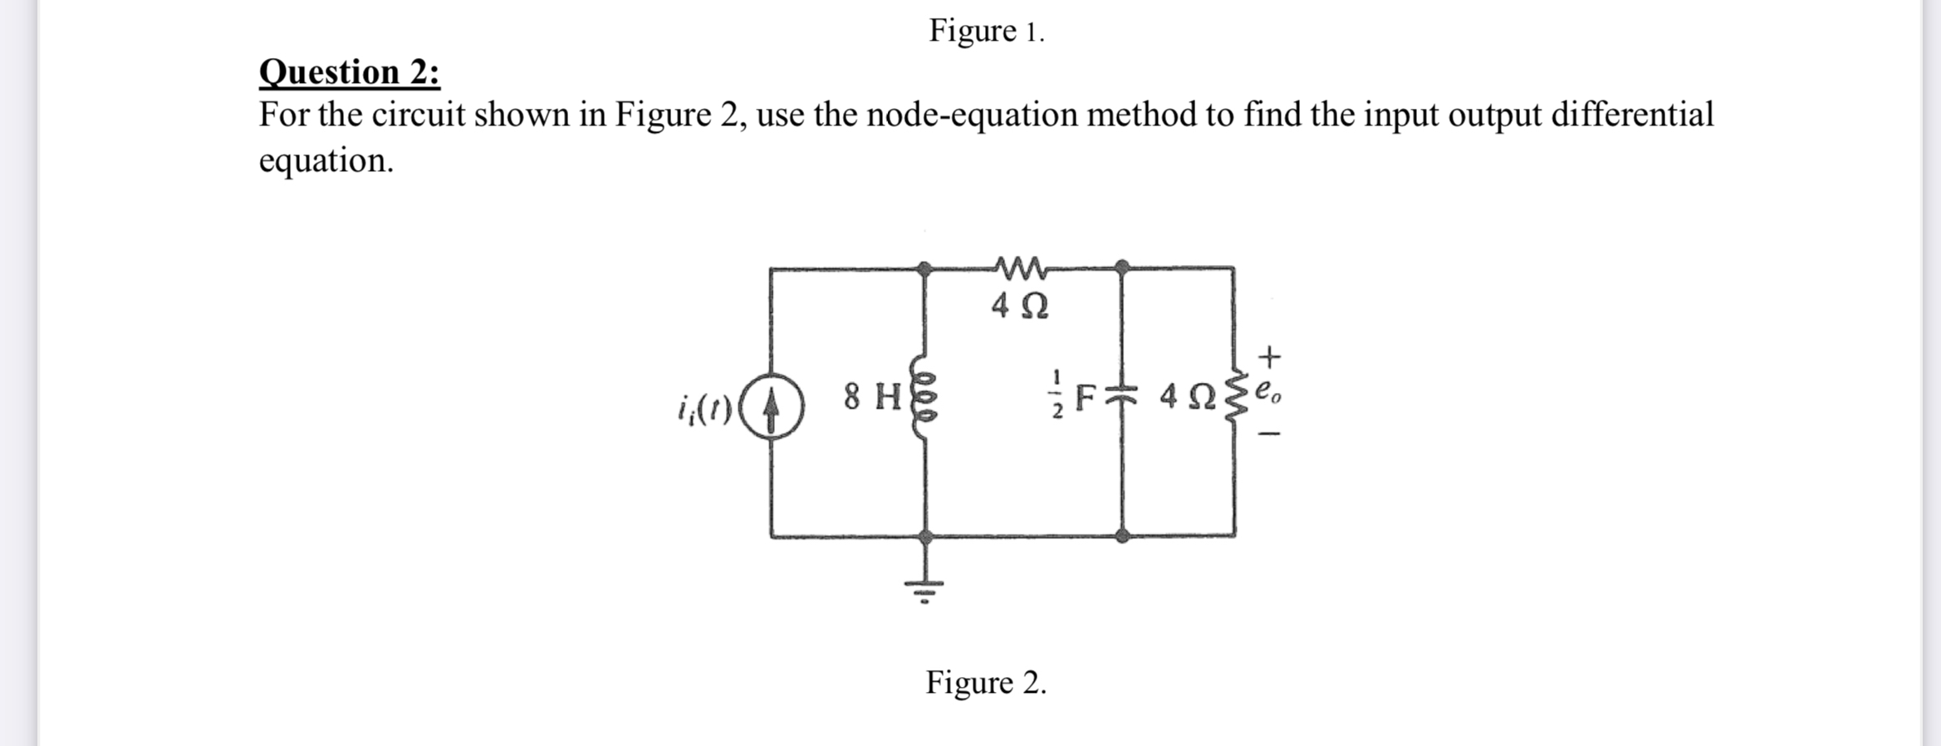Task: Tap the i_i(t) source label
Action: (704, 408)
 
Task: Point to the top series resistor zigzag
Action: (1020, 267)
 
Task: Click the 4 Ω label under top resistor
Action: (1020, 307)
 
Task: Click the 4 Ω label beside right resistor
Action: (1189, 396)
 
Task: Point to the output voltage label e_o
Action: (1267, 391)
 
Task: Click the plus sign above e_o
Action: (1269, 357)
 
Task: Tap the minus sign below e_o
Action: (1269, 433)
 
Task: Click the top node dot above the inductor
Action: (924, 267)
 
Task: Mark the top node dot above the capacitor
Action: (1121, 267)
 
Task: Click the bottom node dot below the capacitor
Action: (1122, 537)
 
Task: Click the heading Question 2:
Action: (350, 72)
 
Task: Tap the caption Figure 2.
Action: (986, 682)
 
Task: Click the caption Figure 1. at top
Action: (986, 31)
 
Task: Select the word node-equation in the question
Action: (972, 115)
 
